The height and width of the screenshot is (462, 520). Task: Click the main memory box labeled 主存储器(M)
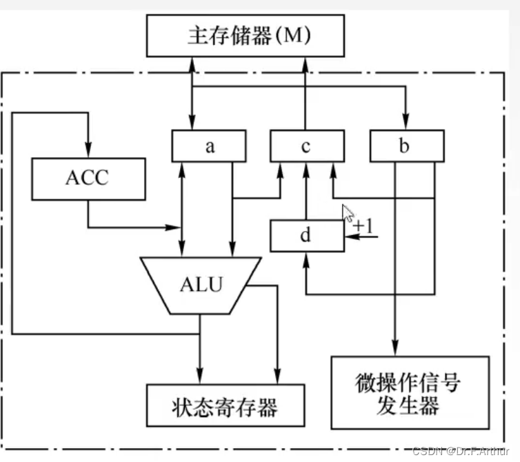(246, 35)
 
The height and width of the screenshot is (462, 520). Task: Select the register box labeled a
(209, 146)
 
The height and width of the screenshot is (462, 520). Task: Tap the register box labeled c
(308, 146)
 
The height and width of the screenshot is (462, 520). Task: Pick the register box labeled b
(407, 146)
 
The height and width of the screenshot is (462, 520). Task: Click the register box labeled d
(308, 236)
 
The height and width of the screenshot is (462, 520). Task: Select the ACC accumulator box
(88, 179)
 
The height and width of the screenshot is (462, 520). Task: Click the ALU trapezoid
(201, 285)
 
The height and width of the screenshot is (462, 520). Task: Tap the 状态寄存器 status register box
(226, 405)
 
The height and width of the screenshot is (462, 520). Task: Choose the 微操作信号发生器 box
(410, 392)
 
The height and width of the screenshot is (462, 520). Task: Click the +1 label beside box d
(363, 226)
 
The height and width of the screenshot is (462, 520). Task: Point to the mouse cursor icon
(348, 213)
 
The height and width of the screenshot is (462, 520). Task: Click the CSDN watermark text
(461, 451)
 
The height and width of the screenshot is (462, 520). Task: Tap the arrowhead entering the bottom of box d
(306, 260)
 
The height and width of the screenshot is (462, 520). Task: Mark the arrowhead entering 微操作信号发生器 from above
(394, 348)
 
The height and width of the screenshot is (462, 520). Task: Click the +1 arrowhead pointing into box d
(352, 237)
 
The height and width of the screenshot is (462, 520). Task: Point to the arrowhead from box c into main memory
(305, 65)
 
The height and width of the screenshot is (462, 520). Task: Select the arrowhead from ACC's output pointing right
(173, 228)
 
